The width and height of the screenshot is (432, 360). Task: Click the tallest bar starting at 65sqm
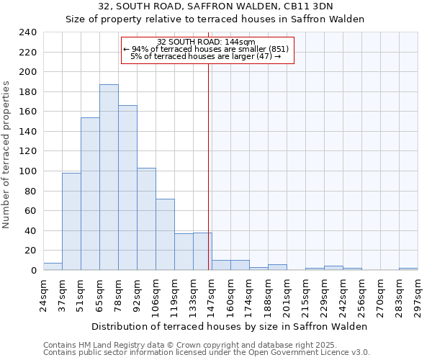pyautogui.click(x=109, y=177)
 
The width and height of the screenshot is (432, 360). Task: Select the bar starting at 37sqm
pyautogui.click(x=71, y=221)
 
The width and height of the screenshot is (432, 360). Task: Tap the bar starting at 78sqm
pyautogui.click(x=127, y=187)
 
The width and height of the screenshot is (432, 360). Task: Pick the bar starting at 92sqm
pyautogui.click(x=146, y=219)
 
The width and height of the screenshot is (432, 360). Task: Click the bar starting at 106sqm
pyautogui.click(x=165, y=234)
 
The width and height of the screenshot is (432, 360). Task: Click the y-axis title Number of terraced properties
pyautogui.click(x=6, y=155)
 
